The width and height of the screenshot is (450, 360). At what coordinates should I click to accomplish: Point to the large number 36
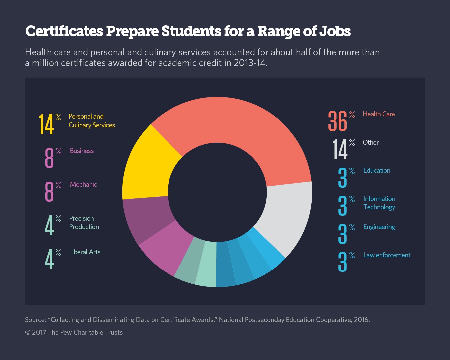337,121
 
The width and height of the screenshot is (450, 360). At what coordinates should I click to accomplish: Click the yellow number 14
46,124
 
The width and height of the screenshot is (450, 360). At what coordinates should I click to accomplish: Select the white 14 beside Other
340,149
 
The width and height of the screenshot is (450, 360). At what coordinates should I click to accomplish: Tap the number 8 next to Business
49,158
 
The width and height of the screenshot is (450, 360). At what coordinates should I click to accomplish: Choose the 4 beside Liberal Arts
49,259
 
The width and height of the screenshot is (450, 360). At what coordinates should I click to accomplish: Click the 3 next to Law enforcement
342,262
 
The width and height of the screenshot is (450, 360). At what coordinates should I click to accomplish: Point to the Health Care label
379,114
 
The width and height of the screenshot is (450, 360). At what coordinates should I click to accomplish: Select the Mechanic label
83,184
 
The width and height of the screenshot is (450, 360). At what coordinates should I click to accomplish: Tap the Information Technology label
379,203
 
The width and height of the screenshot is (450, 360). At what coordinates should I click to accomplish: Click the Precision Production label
84,222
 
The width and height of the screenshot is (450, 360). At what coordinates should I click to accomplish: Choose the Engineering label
379,227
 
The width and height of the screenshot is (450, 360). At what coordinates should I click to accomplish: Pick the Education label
377,170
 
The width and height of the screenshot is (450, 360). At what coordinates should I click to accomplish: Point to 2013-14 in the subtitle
250,63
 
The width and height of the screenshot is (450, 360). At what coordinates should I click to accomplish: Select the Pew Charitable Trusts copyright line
74,332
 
